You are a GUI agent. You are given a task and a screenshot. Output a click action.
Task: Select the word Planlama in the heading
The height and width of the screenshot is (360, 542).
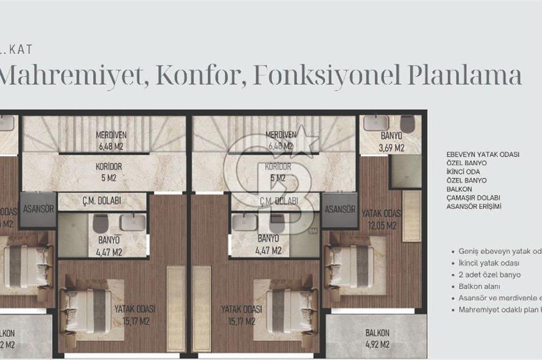464,76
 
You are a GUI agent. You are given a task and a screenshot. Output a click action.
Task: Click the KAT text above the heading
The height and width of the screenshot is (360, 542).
21,50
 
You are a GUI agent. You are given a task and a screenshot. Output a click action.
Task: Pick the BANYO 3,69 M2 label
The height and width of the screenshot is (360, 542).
391,142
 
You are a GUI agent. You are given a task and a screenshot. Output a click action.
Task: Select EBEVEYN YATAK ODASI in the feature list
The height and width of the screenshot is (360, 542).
483,155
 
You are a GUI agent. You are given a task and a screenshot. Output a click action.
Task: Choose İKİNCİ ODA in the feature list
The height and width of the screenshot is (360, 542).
463,171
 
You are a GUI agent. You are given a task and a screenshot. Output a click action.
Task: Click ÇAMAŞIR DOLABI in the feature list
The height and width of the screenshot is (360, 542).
473,198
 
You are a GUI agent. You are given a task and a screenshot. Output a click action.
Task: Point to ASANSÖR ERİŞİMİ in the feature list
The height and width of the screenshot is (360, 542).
474,207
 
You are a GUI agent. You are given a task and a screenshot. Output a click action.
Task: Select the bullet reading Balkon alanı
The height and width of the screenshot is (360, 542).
479,286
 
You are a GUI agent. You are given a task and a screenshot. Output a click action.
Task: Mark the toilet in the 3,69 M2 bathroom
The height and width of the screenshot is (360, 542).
407,123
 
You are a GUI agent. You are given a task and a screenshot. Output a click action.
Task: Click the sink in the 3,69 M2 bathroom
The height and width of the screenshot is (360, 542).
376,123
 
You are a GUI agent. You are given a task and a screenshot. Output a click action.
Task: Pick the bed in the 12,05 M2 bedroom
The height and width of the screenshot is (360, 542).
351,267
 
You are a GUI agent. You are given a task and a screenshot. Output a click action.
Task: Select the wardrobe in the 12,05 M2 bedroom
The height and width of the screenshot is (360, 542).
411,216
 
